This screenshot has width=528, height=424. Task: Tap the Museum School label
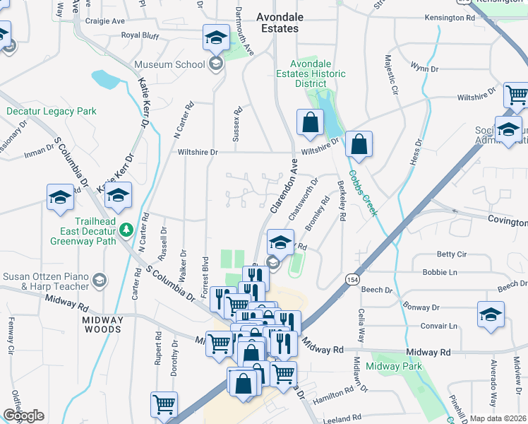click(x=170, y=65)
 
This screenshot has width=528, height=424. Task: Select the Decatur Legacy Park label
click(x=52, y=111)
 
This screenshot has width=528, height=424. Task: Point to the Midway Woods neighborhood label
click(x=102, y=324)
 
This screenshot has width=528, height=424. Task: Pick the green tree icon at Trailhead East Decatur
click(x=126, y=229)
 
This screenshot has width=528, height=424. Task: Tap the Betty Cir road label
click(x=452, y=254)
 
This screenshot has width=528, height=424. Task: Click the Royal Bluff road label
click(x=141, y=35)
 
